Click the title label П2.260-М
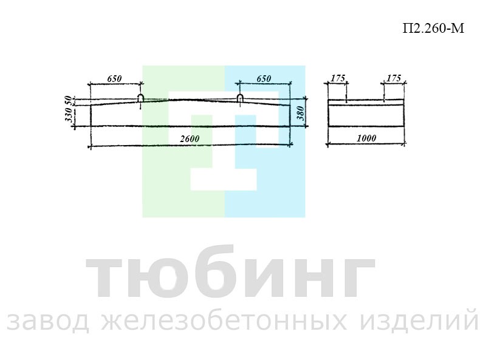[x=433, y=28]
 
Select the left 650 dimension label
[x=114, y=78]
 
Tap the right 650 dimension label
[x=264, y=78]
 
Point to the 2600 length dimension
[x=190, y=139]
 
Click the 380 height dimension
[x=301, y=113]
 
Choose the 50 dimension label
[x=69, y=101]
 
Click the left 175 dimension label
[x=338, y=78]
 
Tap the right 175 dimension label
[x=394, y=78]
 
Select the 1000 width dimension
[x=366, y=138]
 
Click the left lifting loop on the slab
[x=140, y=98]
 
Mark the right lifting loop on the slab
[x=240, y=98]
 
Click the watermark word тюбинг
[x=230, y=272]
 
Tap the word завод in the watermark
[x=48, y=322]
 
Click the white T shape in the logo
[x=224, y=141]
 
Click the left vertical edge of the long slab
[x=91, y=115]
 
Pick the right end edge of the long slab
[x=290, y=115]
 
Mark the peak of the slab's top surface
[x=190, y=99]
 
